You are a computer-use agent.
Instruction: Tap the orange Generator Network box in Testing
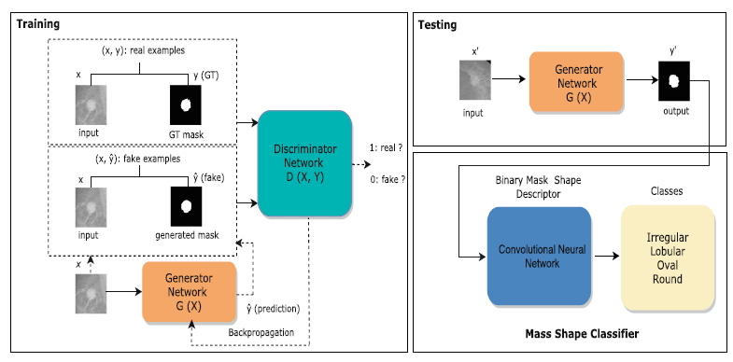(569, 82)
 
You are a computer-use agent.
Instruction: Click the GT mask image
(185, 103)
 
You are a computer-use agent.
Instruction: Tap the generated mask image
(185, 205)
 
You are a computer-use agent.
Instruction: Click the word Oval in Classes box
(668, 265)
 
